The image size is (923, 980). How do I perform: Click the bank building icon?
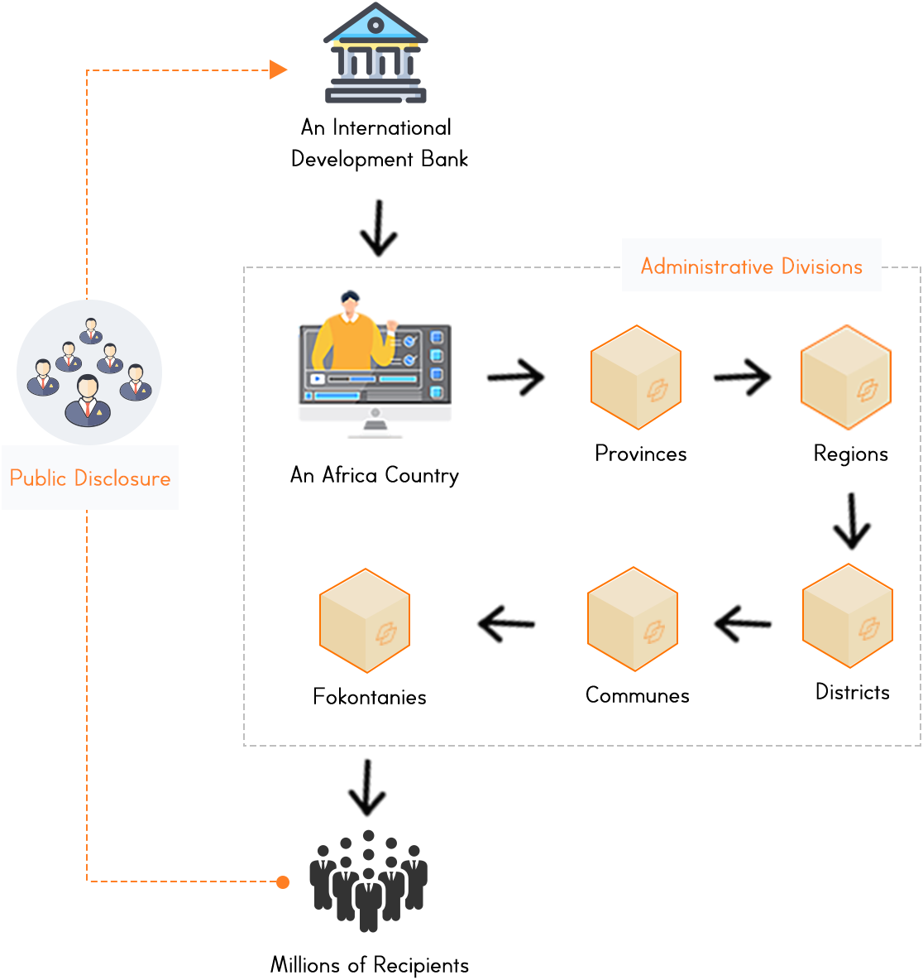[x=375, y=54]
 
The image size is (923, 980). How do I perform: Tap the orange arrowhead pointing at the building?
[x=279, y=70]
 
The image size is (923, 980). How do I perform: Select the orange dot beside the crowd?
[x=283, y=882]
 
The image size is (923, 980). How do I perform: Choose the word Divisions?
[x=822, y=267]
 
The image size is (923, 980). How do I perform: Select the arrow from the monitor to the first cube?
[x=517, y=377]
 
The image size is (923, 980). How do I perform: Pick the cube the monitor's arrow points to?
[x=635, y=377]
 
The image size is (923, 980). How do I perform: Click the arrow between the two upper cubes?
[x=742, y=377]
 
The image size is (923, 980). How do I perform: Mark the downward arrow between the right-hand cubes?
[x=851, y=522]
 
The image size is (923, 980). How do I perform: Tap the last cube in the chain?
[x=365, y=621]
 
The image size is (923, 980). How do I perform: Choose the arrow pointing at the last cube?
[x=506, y=623]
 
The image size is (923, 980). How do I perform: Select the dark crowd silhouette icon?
[x=368, y=881]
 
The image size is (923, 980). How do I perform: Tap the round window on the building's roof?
[x=375, y=26]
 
